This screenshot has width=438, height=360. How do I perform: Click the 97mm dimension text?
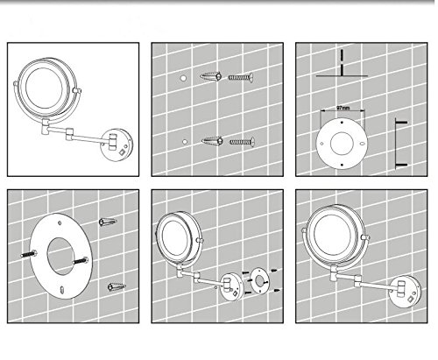pyautogui.click(x=343, y=108)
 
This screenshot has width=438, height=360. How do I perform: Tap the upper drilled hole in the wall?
pyautogui.click(x=183, y=78)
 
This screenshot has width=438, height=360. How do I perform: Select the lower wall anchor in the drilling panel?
pyautogui.click(x=212, y=141)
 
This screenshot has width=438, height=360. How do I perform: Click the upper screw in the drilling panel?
pyautogui.click(x=241, y=78)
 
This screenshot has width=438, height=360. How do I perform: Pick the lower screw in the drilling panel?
pyautogui.click(x=242, y=142)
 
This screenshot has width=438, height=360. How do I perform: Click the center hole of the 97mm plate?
pyautogui.click(x=342, y=144)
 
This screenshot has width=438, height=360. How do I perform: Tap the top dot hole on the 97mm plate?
pyautogui.click(x=343, y=123)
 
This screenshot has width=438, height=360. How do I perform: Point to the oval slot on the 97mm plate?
pyautogui.click(x=362, y=144)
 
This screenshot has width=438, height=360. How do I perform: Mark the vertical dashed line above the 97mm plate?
pyautogui.click(x=342, y=62)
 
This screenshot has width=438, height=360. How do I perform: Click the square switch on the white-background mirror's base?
pyautogui.click(x=122, y=152)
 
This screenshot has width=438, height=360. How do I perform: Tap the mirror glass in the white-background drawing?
pyautogui.click(x=44, y=88)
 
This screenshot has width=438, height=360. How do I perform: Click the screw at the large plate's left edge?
pyautogui.click(x=29, y=254)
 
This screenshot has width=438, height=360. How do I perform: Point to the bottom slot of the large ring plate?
pyautogui.click(x=62, y=290)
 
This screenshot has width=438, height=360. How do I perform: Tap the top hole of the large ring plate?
pyautogui.click(x=60, y=223)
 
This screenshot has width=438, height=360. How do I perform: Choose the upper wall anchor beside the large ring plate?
pyautogui.click(x=108, y=222)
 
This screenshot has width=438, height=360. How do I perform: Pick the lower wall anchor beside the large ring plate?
pyautogui.click(x=117, y=286)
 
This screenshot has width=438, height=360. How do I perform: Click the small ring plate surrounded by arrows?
pyautogui.click(x=258, y=281)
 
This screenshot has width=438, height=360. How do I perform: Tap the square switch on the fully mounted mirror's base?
pyautogui.click(x=411, y=300)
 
